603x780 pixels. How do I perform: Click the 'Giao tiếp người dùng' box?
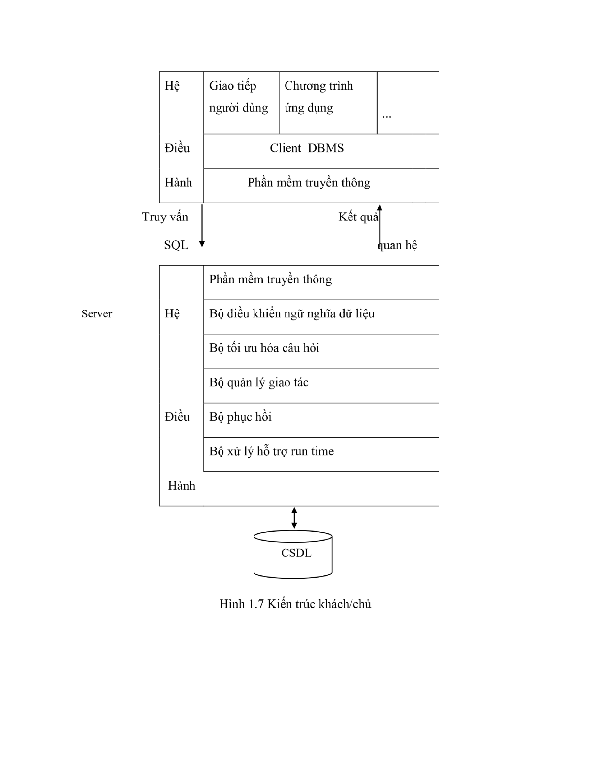pos(241,103)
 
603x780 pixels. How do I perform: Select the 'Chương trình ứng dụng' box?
pos(328,103)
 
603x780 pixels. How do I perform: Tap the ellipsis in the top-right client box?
pos(386,117)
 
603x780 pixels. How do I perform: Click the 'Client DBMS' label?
pos(307,148)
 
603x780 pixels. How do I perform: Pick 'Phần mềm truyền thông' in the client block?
pos(309,183)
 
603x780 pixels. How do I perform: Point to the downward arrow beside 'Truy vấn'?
pos(202,225)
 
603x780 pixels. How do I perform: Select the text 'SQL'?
pos(176,245)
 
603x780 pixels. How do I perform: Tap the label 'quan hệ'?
pos(397,245)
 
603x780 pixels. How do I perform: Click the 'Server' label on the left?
pos(96,314)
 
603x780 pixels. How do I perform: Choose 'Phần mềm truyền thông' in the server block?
pos(271,279)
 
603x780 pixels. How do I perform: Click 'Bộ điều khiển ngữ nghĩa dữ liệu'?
pos(292,314)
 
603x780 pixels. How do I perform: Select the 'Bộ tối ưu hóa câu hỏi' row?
pos(321,351)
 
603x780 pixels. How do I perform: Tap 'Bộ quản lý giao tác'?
pos(259,383)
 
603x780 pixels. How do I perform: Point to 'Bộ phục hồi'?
pos(241,417)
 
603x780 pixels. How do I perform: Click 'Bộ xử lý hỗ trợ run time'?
pos(271,451)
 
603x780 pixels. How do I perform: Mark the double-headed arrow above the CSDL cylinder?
pos(294,518)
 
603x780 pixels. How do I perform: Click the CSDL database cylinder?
pos(293,554)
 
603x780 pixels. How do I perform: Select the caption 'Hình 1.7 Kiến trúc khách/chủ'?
pos(295,604)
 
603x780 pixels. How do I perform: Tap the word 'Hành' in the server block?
pos(182,486)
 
